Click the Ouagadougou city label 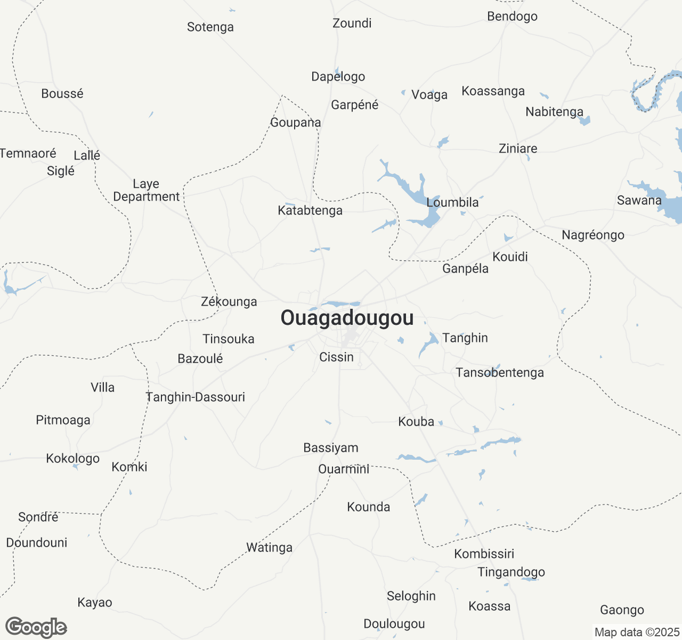pos(347,318)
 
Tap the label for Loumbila pos(452,203)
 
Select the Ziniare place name pos(518,148)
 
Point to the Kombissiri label pos(484,554)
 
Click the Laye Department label pos(147,190)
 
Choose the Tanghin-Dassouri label pos(195,397)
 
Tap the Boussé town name pos(62,94)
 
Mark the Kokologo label pos(73,459)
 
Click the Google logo pos(36,627)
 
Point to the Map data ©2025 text pos(637,632)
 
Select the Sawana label pos(639,201)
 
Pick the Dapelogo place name pos(338,77)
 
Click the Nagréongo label pos(593,235)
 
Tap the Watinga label pos(269,548)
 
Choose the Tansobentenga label pos(500,373)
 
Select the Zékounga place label pos(229,302)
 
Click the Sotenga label pos(210,27)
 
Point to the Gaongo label pos(622,610)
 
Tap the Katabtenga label pos(310,211)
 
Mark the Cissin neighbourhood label pos(336,357)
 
